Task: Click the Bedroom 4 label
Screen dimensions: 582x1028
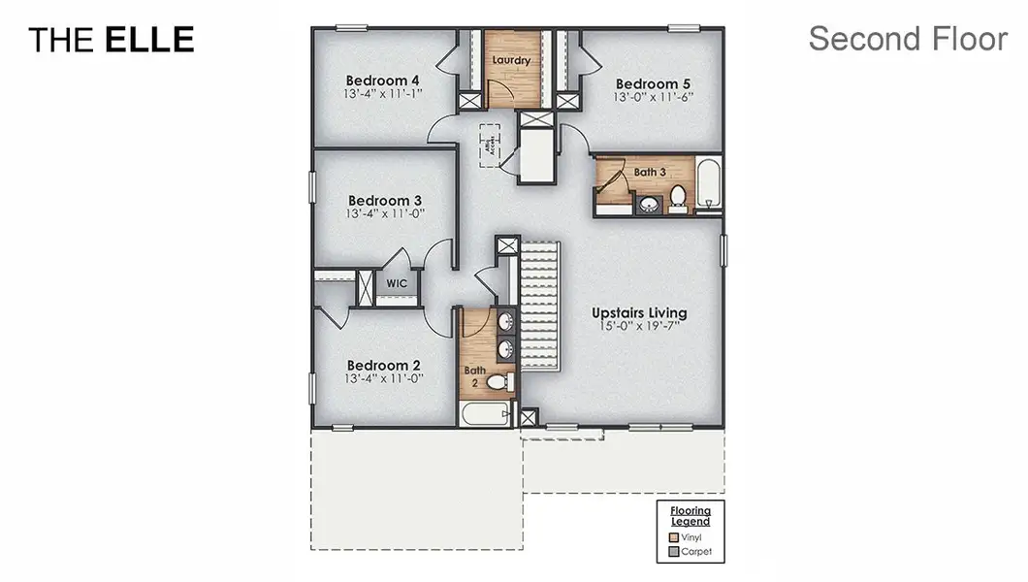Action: [x=383, y=80]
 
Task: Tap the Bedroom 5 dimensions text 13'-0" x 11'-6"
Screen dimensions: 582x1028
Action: [x=654, y=97]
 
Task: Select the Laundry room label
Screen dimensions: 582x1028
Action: [x=510, y=60]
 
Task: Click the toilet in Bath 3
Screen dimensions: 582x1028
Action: [x=678, y=198]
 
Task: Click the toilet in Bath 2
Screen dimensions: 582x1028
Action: [x=498, y=382]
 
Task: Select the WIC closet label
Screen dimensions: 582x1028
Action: [x=397, y=283]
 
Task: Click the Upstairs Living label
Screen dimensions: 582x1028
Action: [x=639, y=313]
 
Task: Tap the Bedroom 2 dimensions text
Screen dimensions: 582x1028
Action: [x=383, y=380]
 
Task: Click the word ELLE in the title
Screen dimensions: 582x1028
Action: [x=149, y=40]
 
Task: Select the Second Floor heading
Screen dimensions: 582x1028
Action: [x=908, y=39]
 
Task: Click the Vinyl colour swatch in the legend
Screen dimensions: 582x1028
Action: [x=674, y=536]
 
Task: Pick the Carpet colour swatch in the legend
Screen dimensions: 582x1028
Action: [x=674, y=552]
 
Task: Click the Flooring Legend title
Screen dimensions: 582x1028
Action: [x=691, y=516]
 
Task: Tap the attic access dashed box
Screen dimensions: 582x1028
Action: [x=491, y=145]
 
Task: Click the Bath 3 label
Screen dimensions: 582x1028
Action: [x=650, y=172]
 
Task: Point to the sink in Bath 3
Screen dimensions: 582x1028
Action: [x=646, y=204]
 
